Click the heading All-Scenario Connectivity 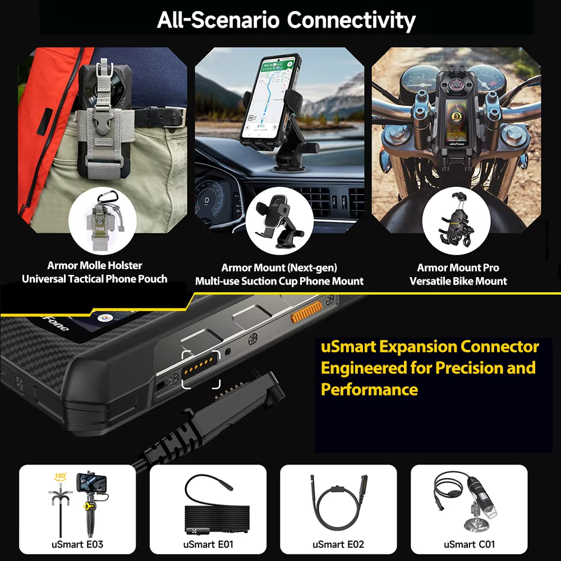286,20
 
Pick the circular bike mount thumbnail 455,221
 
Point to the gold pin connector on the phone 200,367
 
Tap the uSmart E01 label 208,544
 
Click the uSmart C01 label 469,544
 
